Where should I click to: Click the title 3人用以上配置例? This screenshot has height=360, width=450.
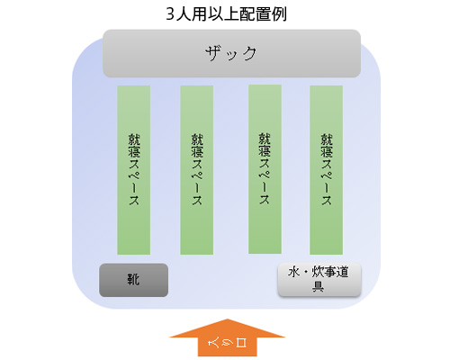[x=227, y=14]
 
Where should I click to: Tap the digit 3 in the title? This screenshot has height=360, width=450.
[x=170, y=14]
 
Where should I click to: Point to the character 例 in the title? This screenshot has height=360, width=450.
[x=279, y=14]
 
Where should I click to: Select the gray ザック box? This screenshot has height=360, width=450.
[x=231, y=53]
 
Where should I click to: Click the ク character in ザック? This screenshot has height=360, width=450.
[x=248, y=53]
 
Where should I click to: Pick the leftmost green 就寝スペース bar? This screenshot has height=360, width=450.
[x=134, y=170]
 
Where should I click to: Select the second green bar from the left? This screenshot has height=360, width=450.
[x=197, y=170]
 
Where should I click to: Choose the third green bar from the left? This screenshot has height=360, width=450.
[x=265, y=169]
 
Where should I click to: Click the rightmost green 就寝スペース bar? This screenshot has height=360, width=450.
[x=326, y=170]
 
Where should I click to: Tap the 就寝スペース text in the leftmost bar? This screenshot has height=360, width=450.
[x=134, y=169]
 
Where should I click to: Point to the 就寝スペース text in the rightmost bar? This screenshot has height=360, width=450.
[x=327, y=169]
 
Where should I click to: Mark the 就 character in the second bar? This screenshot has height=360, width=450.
[x=197, y=139]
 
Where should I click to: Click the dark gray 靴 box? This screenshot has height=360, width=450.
[x=134, y=280]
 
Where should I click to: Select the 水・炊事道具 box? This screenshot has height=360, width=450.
[x=319, y=280]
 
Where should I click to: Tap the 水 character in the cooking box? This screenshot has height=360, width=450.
[x=294, y=272]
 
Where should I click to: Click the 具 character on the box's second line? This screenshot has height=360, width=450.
[x=318, y=286]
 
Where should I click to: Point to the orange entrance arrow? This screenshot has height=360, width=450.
[x=228, y=337]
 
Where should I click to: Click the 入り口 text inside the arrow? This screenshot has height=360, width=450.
[x=227, y=343]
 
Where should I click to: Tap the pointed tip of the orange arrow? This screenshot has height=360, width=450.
[x=228, y=319]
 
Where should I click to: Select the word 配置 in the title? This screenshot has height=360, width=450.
[x=255, y=14]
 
